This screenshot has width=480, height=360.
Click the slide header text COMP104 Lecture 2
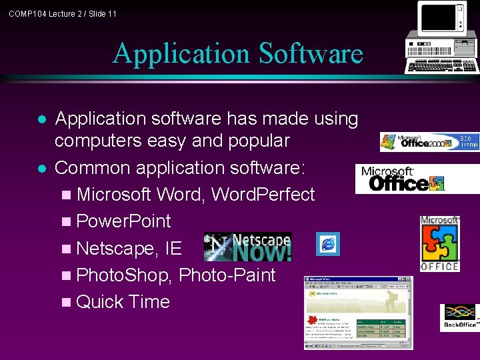[x=63, y=13]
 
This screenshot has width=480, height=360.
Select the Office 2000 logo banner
[x=429, y=141]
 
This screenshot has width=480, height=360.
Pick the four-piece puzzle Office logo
[x=439, y=244]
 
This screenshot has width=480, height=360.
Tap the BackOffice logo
[x=460, y=317]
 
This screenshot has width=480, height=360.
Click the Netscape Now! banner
[x=247, y=247]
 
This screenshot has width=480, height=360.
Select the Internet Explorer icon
[x=328, y=244]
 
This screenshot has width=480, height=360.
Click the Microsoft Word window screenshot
[x=359, y=312]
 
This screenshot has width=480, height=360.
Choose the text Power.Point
[x=124, y=221]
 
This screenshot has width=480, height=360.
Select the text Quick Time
[x=123, y=302]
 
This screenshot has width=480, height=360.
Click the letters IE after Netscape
[x=173, y=249]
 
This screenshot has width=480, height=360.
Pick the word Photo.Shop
[x=125, y=275]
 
